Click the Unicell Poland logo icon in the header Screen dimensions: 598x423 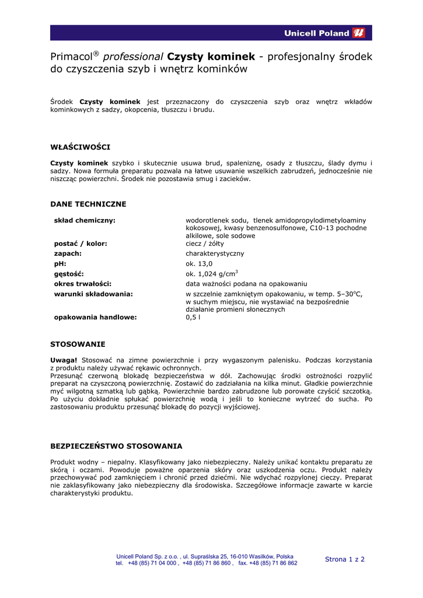pos(359,33)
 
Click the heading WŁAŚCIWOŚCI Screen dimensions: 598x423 pos(80,147)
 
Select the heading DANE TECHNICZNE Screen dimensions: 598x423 pos(88,204)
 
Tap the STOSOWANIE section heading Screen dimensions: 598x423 pos(78,344)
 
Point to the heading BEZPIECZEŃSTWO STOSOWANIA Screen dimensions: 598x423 pos(116,446)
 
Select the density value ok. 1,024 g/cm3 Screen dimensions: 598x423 pos(212,274)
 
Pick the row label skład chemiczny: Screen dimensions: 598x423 pos(85,220)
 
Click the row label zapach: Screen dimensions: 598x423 pos(68,254)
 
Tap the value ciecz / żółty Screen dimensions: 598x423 pos(205,244)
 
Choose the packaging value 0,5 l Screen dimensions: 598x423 pos(193,317)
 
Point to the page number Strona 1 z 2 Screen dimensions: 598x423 pos(345,559)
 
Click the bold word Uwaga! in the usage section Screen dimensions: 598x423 pos(64,360)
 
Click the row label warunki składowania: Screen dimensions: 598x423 pos(93,294)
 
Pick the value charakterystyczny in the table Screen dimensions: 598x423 pos(215,254)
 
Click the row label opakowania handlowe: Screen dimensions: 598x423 pos(95,317)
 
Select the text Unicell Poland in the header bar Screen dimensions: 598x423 pos(317,33)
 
